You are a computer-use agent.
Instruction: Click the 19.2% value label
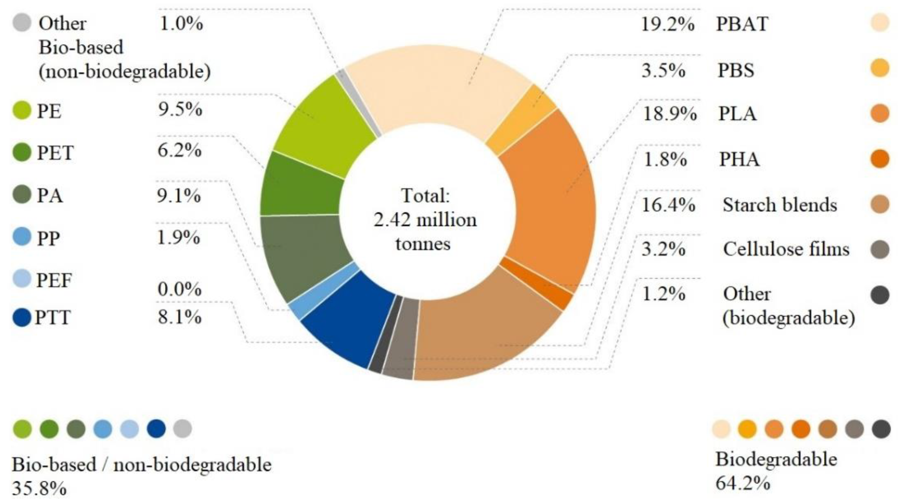tap(667, 24)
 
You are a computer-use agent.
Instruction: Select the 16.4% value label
tap(668, 205)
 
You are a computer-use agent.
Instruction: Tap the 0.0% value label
tap(179, 289)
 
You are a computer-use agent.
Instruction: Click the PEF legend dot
tap(22, 278)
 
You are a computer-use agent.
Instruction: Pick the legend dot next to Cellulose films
tap(879, 249)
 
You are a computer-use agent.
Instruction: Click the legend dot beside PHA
tap(879, 159)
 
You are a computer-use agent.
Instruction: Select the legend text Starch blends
tap(779, 205)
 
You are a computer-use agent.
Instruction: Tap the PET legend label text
tap(55, 153)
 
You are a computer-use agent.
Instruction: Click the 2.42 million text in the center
tap(425, 220)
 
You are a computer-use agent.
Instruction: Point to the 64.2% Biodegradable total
tap(742, 483)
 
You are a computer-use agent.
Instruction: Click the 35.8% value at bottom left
tap(39, 488)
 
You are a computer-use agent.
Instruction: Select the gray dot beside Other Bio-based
tap(22, 23)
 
